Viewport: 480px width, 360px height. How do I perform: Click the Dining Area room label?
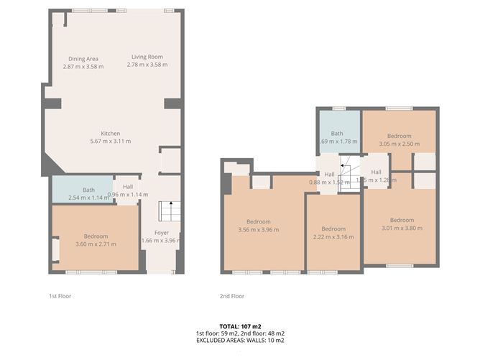pos(83,58)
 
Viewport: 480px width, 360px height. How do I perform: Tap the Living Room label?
pos(147,57)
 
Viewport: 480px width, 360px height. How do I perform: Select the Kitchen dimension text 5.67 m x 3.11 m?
pos(110,141)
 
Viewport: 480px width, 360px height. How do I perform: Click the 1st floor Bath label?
pos(88,190)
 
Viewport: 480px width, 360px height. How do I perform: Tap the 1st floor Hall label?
pos(128,187)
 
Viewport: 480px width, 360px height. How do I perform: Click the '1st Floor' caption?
pos(60,296)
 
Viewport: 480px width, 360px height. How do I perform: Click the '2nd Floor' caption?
pos(232,296)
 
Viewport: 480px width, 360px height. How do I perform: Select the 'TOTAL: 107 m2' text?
pos(239,326)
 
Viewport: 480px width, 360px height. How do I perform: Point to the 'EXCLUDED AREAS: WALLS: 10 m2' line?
pos(239,341)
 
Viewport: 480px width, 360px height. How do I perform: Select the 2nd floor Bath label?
pos(337,134)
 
